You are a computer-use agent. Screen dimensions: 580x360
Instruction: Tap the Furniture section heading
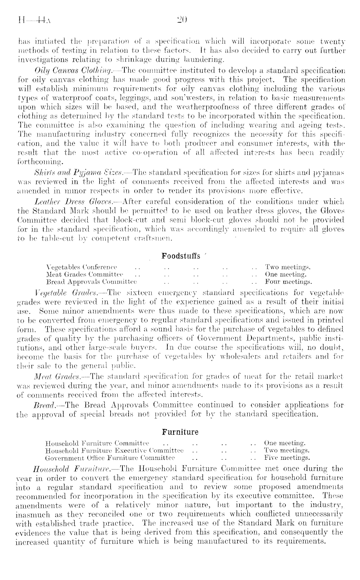click(180, 432)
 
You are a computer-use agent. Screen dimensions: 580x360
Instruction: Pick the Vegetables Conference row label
click(82, 267)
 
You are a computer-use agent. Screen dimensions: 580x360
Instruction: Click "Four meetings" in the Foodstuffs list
click(288, 282)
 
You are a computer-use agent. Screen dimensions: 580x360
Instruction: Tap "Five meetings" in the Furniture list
click(287, 457)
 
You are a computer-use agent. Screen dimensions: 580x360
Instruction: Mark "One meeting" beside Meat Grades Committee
click(285, 274)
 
